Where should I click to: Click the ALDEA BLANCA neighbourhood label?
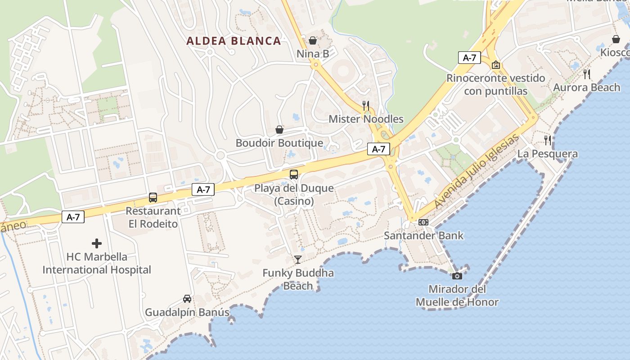click(x=234, y=41)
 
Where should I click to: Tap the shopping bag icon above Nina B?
click(x=313, y=41)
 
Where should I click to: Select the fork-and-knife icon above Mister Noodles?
click(x=366, y=106)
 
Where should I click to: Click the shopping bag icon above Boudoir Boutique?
click(x=279, y=130)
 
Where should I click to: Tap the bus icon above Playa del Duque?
click(x=294, y=175)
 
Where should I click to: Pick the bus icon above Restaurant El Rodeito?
click(x=153, y=198)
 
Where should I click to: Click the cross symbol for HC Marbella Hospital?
click(x=97, y=244)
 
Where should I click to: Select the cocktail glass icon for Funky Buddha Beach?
click(x=297, y=260)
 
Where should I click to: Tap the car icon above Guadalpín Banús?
click(x=187, y=298)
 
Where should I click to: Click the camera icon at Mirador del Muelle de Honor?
click(x=457, y=276)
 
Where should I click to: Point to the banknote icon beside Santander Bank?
click(x=423, y=222)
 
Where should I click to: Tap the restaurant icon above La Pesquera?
click(x=548, y=140)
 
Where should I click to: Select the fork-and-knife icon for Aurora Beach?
click(x=587, y=74)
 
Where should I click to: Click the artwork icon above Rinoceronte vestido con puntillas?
click(x=496, y=65)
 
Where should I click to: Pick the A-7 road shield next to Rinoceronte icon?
click(x=469, y=58)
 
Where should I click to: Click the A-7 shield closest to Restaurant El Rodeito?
click(x=203, y=189)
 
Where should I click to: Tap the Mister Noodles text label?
click(x=366, y=119)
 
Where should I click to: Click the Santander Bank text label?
click(x=423, y=235)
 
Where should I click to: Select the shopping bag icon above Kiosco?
click(x=616, y=40)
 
